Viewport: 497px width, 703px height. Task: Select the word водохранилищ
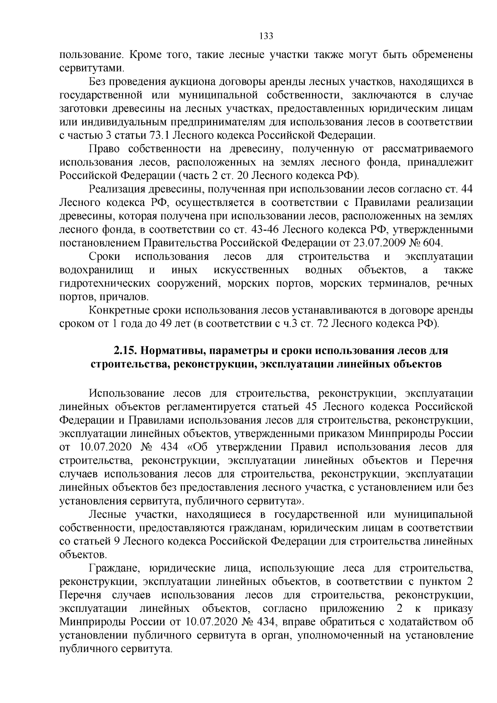97,270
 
